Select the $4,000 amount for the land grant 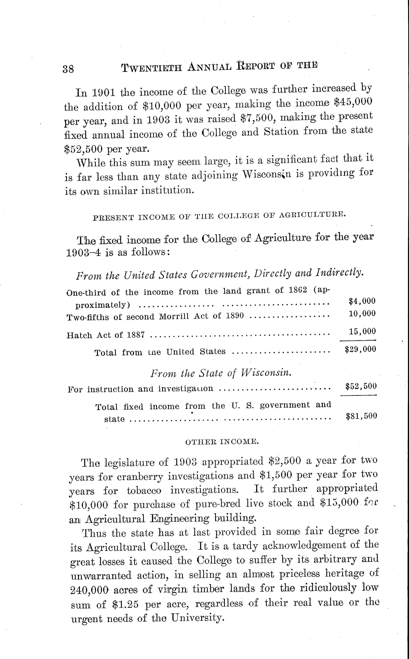362,301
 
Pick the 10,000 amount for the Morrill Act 363,313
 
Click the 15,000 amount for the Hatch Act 363,331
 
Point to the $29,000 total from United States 360,349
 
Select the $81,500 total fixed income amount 361,416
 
